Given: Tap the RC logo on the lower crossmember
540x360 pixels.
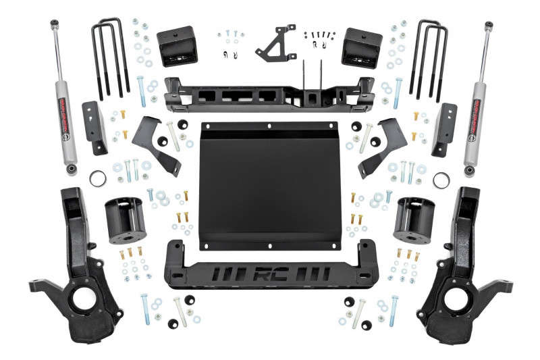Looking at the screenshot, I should pyautogui.click(x=270, y=276).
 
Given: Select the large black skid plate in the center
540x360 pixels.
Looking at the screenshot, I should pyautogui.click(x=270, y=182).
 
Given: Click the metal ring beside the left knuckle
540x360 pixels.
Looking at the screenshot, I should pyautogui.click(x=98, y=180).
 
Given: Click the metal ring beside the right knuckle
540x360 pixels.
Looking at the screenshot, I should pyautogui.click(x=442, y=180).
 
